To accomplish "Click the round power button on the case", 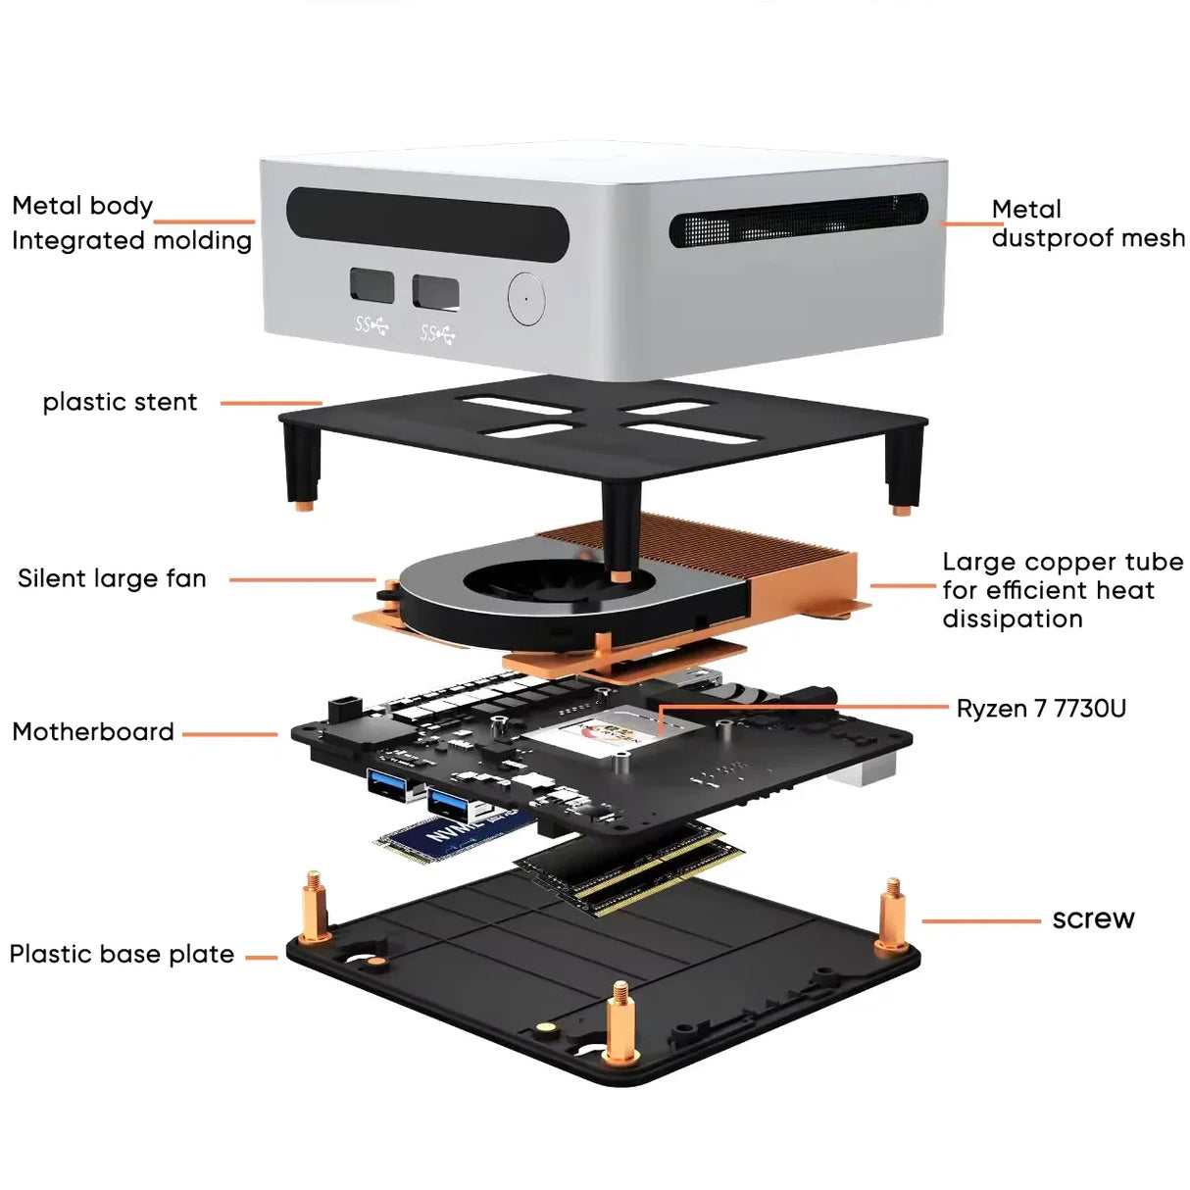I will tap(526, 298).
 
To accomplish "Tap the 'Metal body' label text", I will tap(82, 206).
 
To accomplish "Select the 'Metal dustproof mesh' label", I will tap(1086, 223).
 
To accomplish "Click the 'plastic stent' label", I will tap(120, 402).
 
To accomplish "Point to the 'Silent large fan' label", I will tap(112, 578).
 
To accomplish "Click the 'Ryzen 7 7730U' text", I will tap(1041, 709).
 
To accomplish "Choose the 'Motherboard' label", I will tap(93, 732).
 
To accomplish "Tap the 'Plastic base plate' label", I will tap(122, 954).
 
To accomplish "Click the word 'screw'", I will tap(1093, 918).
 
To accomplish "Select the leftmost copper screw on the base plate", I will tap(313, 907).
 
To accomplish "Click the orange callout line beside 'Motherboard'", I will tap(229, 733).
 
